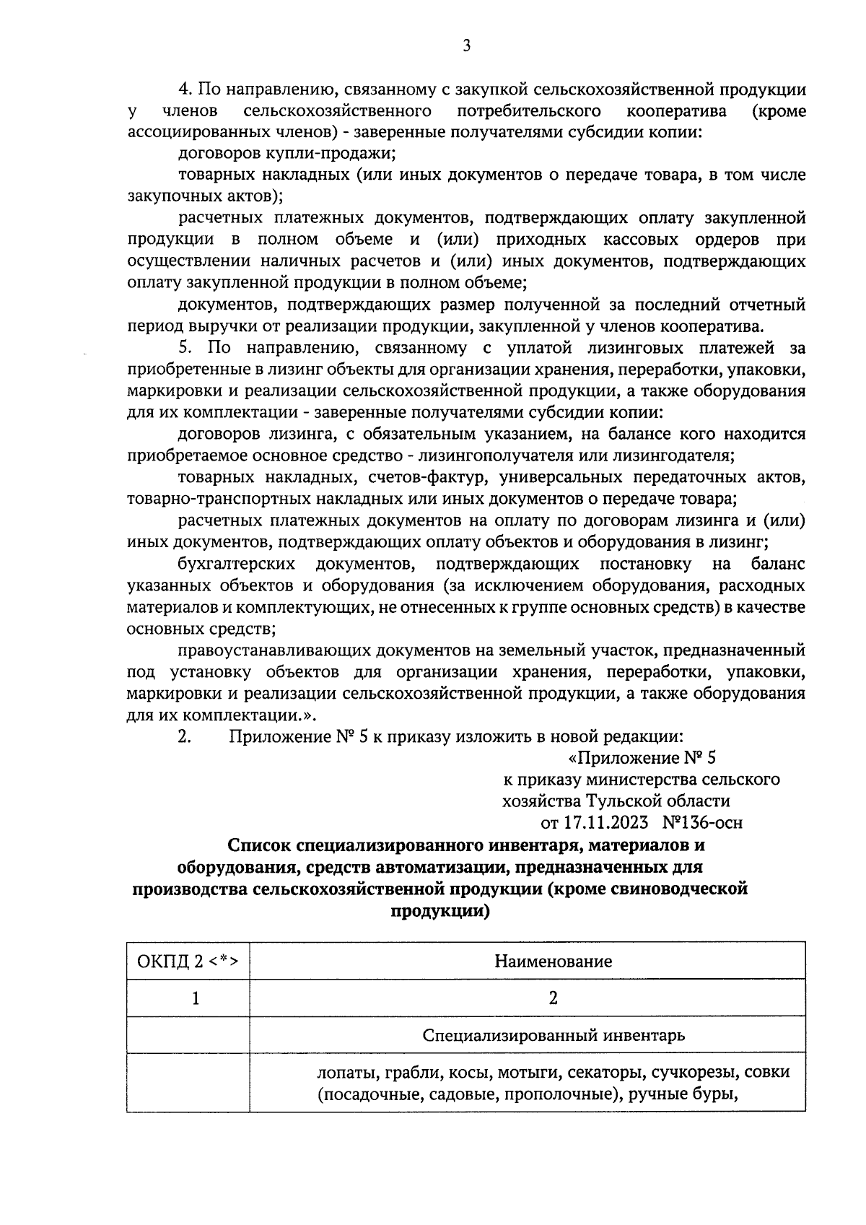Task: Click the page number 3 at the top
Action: tap(465, 45)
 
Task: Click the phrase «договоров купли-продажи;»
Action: tap(287, 153)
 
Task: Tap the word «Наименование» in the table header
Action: tap(553, 961)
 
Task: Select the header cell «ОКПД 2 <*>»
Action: tap(188, 961)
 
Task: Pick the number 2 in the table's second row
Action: tap(553, 998)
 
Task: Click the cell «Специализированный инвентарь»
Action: tap(553, 1035)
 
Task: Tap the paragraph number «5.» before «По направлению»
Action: tap(185, 348)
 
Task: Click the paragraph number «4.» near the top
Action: tap(185, 90)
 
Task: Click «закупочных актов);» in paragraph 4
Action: tap(205, 196)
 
